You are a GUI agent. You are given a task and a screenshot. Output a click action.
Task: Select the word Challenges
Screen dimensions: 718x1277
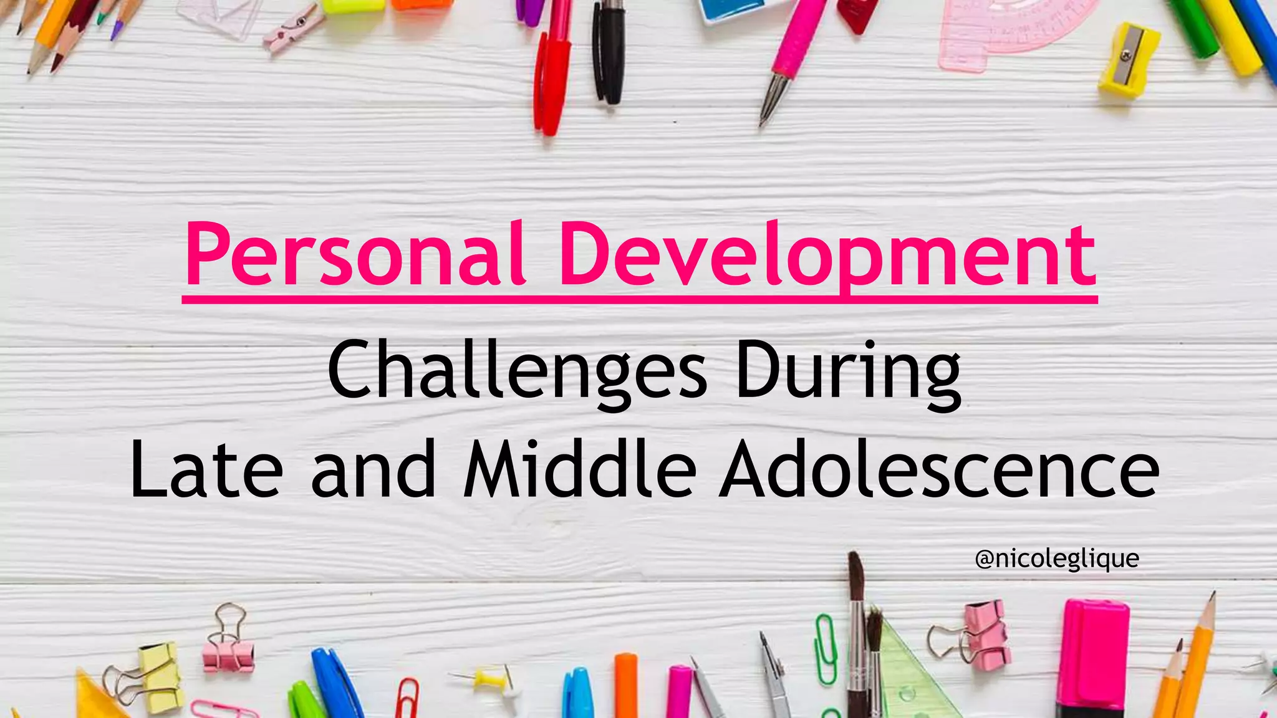[x=517, y=371]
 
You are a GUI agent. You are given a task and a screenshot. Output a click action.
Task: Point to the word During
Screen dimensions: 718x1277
[x=848, y=371]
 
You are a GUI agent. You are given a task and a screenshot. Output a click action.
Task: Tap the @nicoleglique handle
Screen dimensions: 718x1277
[x=1057, y=558]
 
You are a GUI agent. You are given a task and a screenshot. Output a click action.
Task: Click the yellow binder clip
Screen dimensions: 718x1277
[x=159, y=676]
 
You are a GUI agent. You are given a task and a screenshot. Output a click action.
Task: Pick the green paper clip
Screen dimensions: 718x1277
[x=827, y=648]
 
